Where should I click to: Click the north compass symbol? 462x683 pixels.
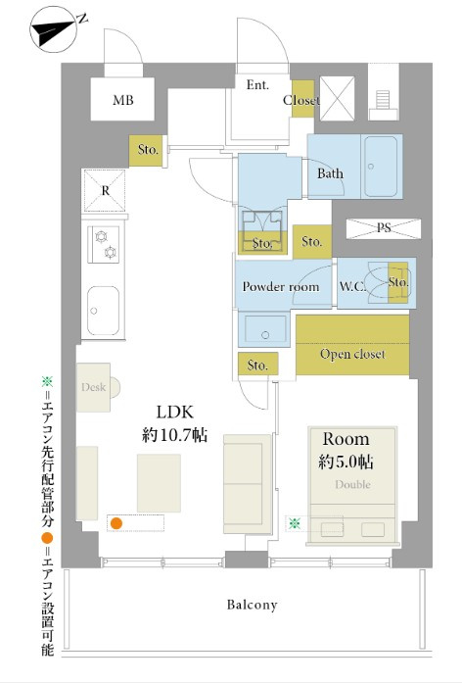[53, 29]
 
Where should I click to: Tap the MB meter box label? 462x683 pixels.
[123, 100]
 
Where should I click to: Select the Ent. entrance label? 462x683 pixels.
[257, 84]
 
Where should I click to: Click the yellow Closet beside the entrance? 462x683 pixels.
[302, 99]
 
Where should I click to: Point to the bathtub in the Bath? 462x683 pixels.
[381, 167]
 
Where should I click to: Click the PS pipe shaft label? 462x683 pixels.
[384, 227]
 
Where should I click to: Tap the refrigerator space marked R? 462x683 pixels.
[105, 190]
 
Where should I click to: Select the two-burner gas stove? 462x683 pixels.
[104, 244]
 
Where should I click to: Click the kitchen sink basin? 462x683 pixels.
[103, 311]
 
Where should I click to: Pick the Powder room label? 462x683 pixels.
[281, 286]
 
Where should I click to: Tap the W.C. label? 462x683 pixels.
[352, 286]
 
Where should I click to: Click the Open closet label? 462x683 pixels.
[352, 354]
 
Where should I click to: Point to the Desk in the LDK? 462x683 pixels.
[94, 387]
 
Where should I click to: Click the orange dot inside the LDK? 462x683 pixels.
[116, 523]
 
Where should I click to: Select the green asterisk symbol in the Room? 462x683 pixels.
[295, 523]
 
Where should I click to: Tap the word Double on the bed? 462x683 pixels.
[352, 484]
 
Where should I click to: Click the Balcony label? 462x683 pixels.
[252, 605]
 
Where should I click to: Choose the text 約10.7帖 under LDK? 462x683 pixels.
[174, 435]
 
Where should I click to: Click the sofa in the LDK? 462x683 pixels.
[247, 484]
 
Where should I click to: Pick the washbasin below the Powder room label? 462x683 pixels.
[264, 329]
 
